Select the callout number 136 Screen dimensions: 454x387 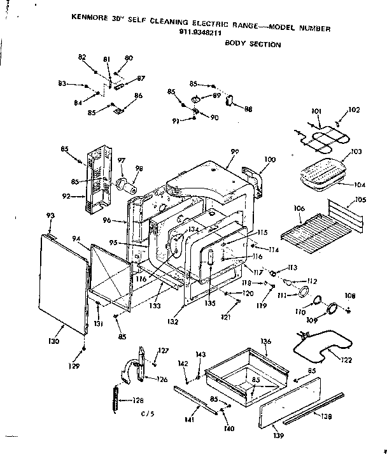[x=265, y=341]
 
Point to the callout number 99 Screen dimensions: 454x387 [x=234, y=152]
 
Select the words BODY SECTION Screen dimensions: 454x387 [x=253, y=45]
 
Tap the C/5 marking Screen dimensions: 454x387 [x=148, y=414]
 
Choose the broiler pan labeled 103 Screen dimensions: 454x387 [x=322, y=171]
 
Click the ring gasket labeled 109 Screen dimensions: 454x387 [x=331, y=309]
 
